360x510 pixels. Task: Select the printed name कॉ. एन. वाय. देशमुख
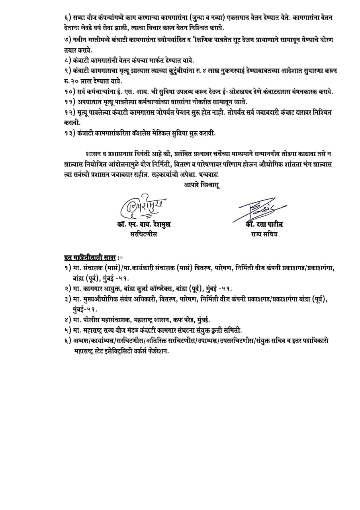coord(144,225)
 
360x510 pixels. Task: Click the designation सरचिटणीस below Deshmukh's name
coord(144,234)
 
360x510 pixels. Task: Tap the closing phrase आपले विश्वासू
coord(202,184)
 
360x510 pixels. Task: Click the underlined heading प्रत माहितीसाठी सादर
coord(90,257)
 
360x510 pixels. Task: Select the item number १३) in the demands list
coord(70,133)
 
